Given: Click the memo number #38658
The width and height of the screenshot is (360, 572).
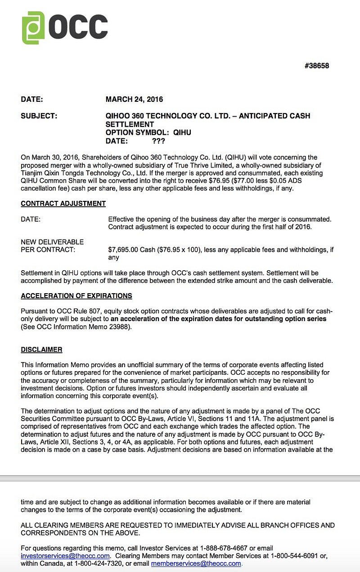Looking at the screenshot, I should point(317,66).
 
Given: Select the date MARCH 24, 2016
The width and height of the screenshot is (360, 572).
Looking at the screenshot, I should point(134,100).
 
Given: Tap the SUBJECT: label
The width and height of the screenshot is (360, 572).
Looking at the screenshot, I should point(39,116).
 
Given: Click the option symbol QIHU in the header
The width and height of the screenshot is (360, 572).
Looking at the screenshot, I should point(182,132).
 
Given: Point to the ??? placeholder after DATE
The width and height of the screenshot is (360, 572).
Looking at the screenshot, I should point(158,141).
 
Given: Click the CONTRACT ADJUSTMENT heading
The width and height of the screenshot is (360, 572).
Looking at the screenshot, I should point(63,204).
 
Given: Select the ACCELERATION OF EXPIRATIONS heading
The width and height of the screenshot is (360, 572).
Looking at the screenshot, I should point(76,296).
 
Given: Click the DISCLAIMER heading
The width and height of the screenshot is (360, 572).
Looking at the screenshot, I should point(41,350).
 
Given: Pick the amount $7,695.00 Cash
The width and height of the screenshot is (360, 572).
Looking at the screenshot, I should point(133,250).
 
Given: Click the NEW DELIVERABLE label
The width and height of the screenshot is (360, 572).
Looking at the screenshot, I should point(52,242).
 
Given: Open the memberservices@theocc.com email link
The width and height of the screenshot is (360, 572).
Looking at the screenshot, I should point(196,563).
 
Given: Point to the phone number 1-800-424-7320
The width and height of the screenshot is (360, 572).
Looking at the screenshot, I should point(98,563).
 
